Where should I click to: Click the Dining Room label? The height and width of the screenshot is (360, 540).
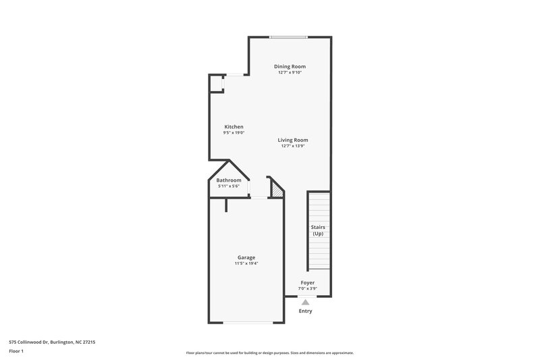pyautogui.click(x=290, y=66)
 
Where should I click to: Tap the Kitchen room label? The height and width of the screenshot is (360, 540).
pyautogui.click(x=234, y=127)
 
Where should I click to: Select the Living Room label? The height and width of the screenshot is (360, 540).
pyautogui.click(x=292, y=140)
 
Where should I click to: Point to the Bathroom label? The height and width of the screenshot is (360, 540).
pyautogui.click(x=229, y=180)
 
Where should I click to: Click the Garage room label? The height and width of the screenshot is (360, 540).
pyautogui.click(x=246, y=257)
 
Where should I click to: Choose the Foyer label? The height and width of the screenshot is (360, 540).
pyautogui.click(x=307, y=282)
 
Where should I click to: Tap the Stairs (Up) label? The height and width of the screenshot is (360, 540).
pyautogui.click(x=318, y=230)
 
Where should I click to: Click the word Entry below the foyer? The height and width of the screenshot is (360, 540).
pyautogui.click(x=305, y=311)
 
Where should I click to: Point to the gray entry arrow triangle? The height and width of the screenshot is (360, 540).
pyautogui.click(x=305, y=302)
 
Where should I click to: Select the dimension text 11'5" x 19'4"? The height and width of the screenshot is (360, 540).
pyautogui.click(x=246, y=263)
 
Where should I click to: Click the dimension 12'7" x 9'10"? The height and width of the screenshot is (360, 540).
pyautogui.click(x=290, y=72)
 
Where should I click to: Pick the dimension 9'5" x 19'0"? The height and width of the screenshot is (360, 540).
pyautogui.click(x=234, y=133)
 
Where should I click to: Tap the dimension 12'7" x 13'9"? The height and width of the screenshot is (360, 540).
pyautogui.click(x=292, y=146)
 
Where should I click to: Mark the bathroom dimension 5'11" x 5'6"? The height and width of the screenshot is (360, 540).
pyautogui.click(x=229, y=186)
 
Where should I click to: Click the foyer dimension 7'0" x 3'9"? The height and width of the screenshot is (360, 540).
pyautogui.click(x=307, y=288)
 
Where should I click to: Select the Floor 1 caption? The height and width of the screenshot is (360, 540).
pyautogui.click(x=17, y=352)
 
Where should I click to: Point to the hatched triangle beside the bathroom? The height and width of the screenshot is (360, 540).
pyautogui.click(x=276, y=191)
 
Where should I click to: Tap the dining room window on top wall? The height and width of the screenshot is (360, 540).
pyautogui.click(x=288, y=36)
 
